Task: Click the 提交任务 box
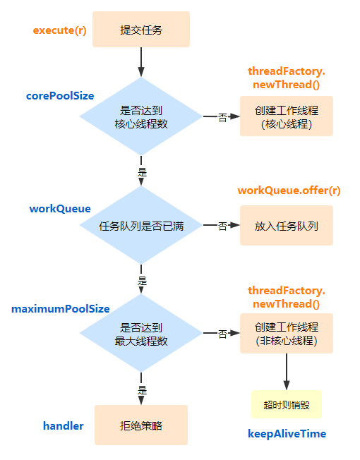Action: tap(141, 30)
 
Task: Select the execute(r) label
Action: tap(60, 31)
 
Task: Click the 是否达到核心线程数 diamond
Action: tap(141, 116)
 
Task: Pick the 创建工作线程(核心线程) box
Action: tap(286, 116)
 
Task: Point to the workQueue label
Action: tap(60, 209)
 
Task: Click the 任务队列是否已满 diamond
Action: tap(141, 226)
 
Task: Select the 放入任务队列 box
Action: tap(286, 226)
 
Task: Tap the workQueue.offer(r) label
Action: tap(289, 190)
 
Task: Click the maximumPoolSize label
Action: tap(61, 309)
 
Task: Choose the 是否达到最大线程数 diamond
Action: tap(141, 334)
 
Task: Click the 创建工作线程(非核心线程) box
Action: tap(286, 334)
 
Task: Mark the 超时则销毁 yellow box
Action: tap(286, 405)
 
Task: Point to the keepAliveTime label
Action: tap(287, 433)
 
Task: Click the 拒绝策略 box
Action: tap(141, 425)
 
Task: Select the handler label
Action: tap(64, 426)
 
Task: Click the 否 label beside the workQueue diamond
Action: tap(222, 226)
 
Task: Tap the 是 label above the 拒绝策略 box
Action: tap(141, 389)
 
